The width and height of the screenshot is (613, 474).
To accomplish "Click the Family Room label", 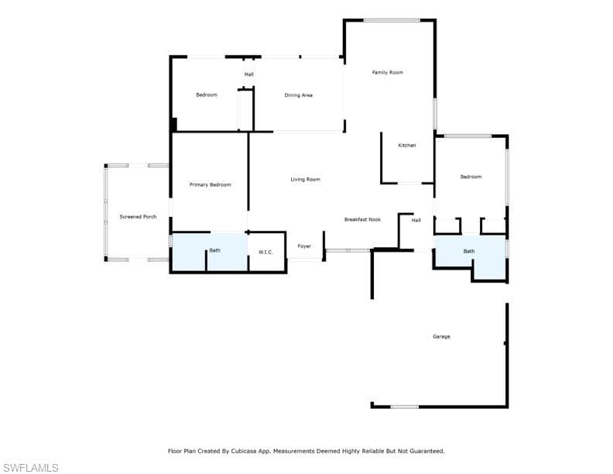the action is (x=388, y=72).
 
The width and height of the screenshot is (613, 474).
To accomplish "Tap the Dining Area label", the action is (x=298, y=95).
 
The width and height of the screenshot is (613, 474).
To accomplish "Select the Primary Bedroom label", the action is (x=211, y=184).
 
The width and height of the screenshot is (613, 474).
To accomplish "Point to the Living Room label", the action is (x=305, y=179).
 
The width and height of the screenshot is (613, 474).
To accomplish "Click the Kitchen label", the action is (x=407, y=145).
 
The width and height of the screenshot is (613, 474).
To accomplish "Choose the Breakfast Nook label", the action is (x=362, y=219).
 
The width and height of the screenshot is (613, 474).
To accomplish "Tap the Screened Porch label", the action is (x=138, y=217).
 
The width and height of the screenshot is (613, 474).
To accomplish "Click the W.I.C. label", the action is (x=265, y=252).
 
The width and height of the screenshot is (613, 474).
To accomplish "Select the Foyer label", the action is (x=304, y=246).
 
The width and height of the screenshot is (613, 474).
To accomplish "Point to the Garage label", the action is (x=441, y=336).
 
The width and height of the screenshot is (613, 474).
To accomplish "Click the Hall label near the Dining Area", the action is (x=249, y=74).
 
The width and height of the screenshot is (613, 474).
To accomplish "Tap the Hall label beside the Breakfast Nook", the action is (x=416, y=220).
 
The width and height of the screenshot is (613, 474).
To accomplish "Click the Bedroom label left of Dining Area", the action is (x=207, y=94).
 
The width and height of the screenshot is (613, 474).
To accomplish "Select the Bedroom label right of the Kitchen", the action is (x=471, y=177).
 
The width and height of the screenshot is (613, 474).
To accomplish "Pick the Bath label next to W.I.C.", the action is (x=214, y=250).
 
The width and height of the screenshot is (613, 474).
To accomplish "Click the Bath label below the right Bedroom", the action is (x=469, y=251).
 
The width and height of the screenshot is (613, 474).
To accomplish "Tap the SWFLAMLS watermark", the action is (x=30, y=468).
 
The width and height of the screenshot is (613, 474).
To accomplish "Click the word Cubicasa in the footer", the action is (x=244, y=451).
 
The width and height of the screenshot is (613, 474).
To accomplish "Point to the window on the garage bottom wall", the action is (x=405, y=407).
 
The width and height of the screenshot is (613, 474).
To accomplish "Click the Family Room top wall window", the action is (x=392, y=20).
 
